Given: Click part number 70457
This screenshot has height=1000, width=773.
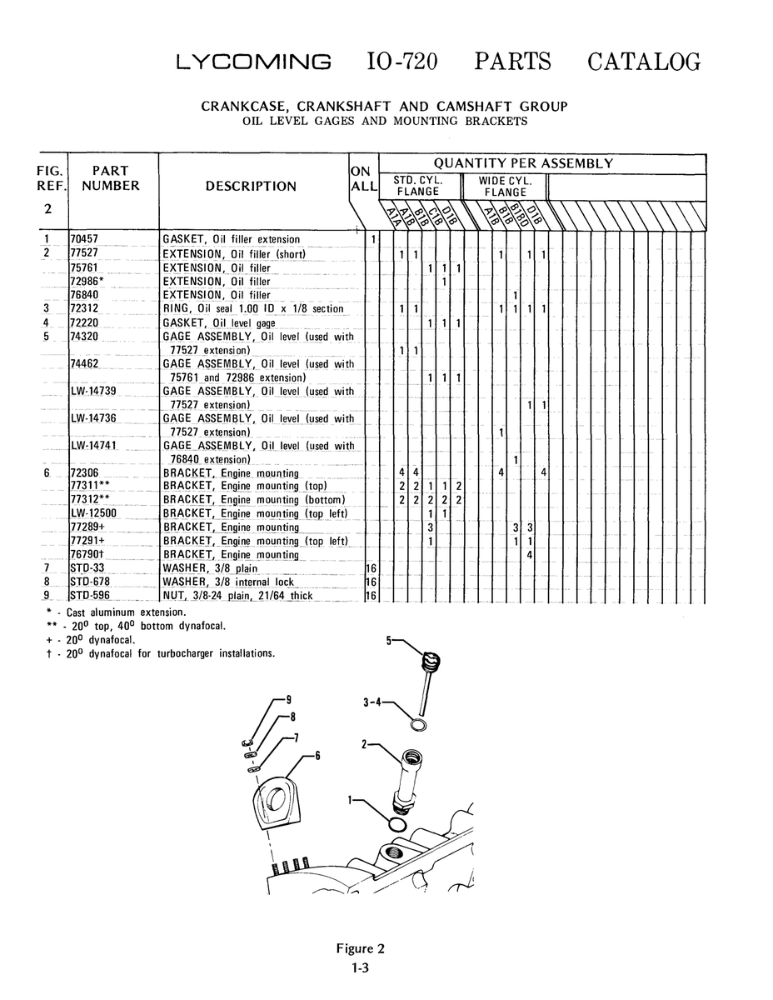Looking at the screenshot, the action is [x=84, y=239].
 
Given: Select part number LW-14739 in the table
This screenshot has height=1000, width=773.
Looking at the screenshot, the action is [x=93, y=391].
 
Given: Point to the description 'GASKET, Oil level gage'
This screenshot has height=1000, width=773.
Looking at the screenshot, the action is [x=219, y=323].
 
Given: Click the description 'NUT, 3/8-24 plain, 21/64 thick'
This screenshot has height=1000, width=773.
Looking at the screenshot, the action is [x=237, y=596].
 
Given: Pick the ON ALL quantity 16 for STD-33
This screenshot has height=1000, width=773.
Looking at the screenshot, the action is [x=372, y=568].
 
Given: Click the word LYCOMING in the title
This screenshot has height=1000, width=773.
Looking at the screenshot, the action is [x=253, y=62].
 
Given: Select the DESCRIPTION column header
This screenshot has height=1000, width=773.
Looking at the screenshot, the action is [x=251, y=187].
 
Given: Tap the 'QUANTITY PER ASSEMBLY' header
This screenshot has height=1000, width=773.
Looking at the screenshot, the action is [x=523, y=163].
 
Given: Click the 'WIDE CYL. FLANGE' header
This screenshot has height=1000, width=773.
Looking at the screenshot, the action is [x=505, y=187].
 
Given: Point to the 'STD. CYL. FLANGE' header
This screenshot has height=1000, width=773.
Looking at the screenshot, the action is [x=418, y=186].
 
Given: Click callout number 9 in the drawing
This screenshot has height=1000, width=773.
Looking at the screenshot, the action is [x=289, y=700].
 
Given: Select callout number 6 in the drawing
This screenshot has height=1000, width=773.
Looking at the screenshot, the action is [x=317, y=756].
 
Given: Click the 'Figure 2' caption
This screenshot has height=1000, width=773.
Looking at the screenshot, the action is [x=360, y=948].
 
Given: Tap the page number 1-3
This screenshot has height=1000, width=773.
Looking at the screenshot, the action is [x=360, y=967].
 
